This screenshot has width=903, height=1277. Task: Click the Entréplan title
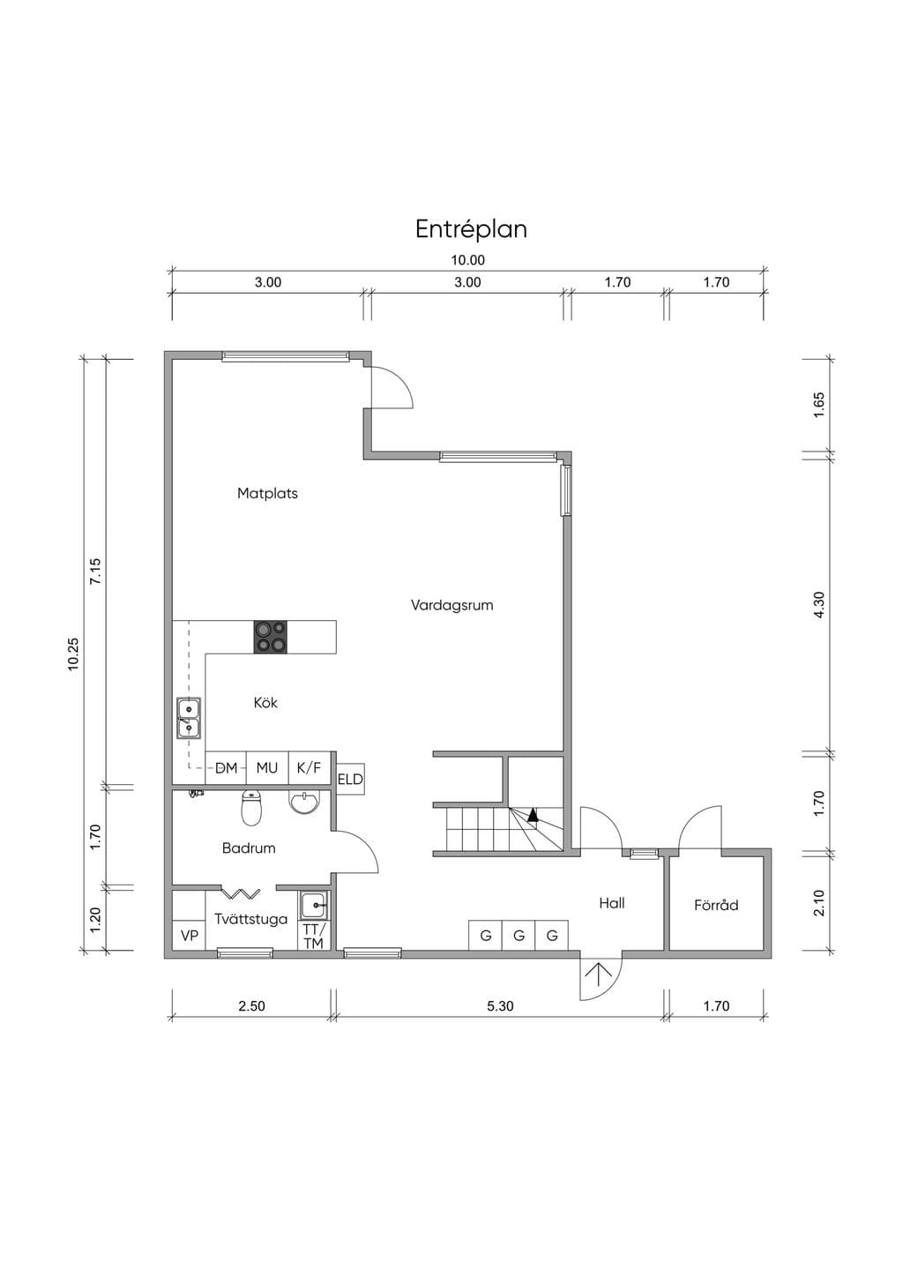pyautogui.click(x=471, y=229)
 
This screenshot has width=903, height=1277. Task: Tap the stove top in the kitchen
pyautogui.click(x=270, y=637)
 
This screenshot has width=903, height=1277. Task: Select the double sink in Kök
pyautogui.click(x=188, y=718)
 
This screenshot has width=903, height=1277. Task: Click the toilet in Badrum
pyautogui.click(x=251, y=807)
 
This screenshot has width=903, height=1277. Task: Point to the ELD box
pyautogui.click(x=350, y=779)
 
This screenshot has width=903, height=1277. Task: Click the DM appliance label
pyautogui.click(x=227, y=768)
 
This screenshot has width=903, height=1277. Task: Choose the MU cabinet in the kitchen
pyautogui.click(x=267, y=768)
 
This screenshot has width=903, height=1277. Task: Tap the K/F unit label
pyautogui.click(x=309, y=768)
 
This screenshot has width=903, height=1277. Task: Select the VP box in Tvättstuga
pyautogui.click(x=190, y=936)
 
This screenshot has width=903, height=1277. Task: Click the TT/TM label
pyautogui.click(x=314, y=936)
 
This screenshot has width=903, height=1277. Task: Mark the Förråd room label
pyautogui.click(x=716, y=905)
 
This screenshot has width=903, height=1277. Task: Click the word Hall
pyautogui.click(x=612, y=903)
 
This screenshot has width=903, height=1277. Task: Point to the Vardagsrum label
pyautogui.click(x=452, y=606)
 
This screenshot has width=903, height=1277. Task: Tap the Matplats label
pyautogui.click(x=267, y=493)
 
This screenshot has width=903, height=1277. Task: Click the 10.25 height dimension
pyautogui.click(x=73, y=653)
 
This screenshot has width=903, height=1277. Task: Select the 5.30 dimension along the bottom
pyautogui.click(x=500, y=1006)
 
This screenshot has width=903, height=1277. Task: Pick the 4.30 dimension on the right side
pyautogui.click(x=819, y=604)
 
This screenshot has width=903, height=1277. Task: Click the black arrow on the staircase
pyautogui.click(x=533, y=815)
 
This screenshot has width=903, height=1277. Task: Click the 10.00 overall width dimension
pyautogui.click(x=468, y=260)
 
